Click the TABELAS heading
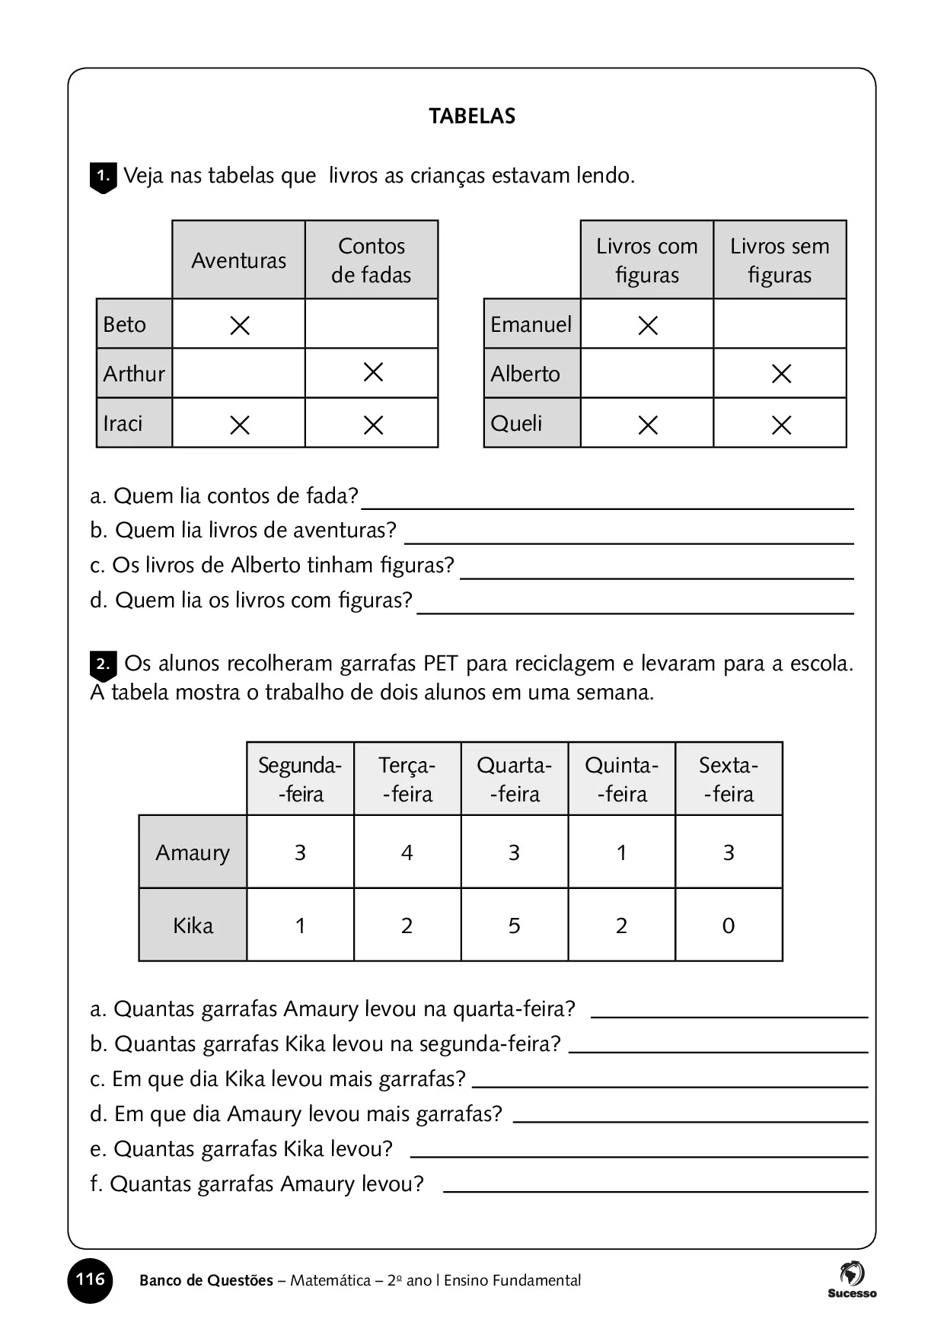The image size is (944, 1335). coord(472,116)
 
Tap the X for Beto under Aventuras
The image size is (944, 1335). coord(240,325)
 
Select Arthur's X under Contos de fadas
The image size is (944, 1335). coord(373,372)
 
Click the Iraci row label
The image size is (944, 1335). coord(123,423)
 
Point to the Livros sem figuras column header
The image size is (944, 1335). coord(780,260)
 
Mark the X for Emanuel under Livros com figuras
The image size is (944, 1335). coord(648,325)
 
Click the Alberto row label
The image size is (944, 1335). coord(525,374)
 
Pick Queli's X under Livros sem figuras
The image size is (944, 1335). coord(781,425)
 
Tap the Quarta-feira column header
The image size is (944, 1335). coord(514,779)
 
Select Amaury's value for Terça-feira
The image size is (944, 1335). coord(407,852)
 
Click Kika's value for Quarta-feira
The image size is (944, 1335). coord(514,926)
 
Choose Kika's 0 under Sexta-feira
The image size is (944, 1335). coord(729,926)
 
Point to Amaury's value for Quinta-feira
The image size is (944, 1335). coord(621,852)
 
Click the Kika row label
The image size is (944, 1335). coord(193,926)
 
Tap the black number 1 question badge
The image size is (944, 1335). coord(104,177)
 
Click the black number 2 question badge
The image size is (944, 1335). coord(104,664)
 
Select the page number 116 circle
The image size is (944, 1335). coord(90,1279)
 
